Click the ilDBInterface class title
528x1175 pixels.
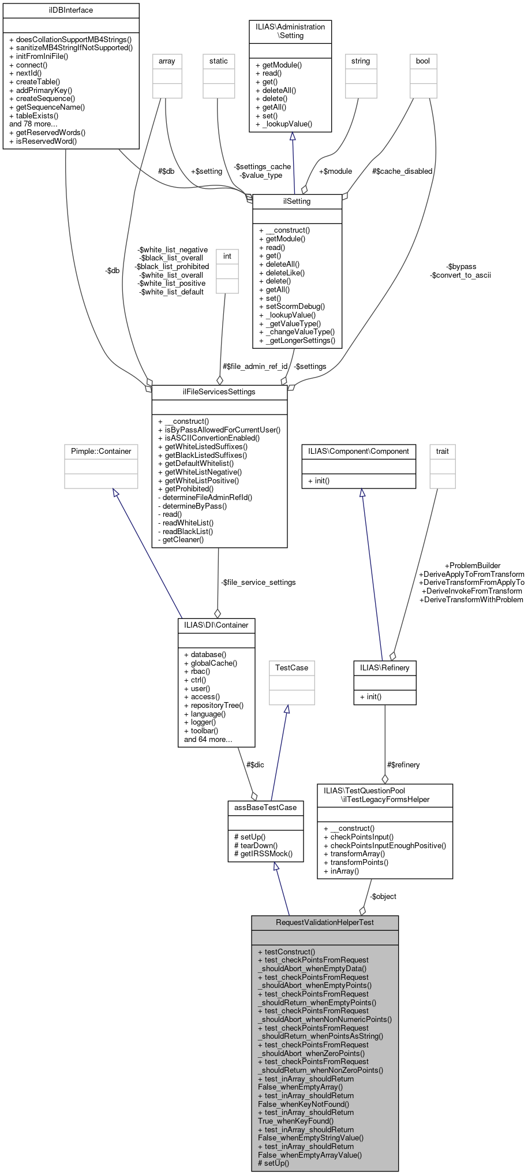pos(71,10)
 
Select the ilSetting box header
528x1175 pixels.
pos(297,202)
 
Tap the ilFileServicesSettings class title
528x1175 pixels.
pos(219,392)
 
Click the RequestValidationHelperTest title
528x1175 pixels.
pos(325,922)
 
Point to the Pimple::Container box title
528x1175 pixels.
pos(101,452)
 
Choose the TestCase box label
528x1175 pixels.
pos(291,668)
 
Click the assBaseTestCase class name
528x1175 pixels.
pos(265,808)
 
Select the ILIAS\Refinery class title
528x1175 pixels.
pos(384,668)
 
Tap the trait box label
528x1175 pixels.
pos(443,452)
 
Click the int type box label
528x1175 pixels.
pos(227,256)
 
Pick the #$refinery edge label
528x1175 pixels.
pos(403,765)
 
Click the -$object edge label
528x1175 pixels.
pos(383,897)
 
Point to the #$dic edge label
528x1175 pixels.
pos(255,765)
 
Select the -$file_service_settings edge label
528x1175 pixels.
pos(258,583)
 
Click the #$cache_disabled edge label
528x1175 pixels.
pos(402,171)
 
